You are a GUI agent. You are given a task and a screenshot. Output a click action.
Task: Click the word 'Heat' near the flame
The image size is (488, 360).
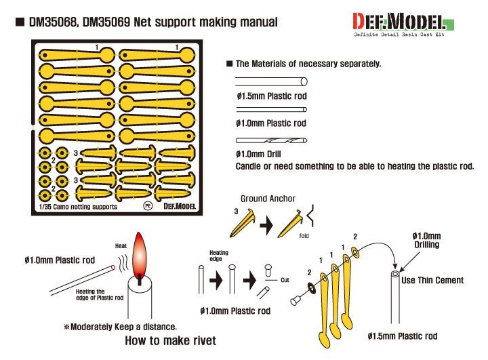121,245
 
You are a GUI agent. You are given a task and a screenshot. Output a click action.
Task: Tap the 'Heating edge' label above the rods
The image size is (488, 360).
219,256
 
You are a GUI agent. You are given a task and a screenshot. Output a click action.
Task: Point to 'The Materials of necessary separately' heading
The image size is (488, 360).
308,63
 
